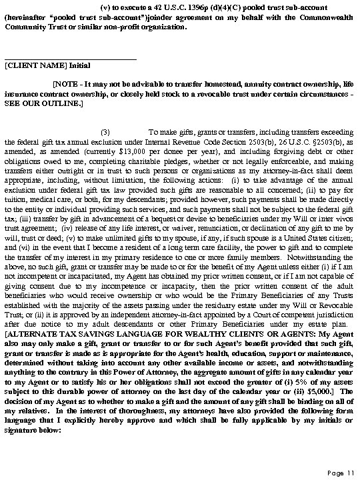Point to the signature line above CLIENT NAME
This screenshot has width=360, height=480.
click(70, 59)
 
